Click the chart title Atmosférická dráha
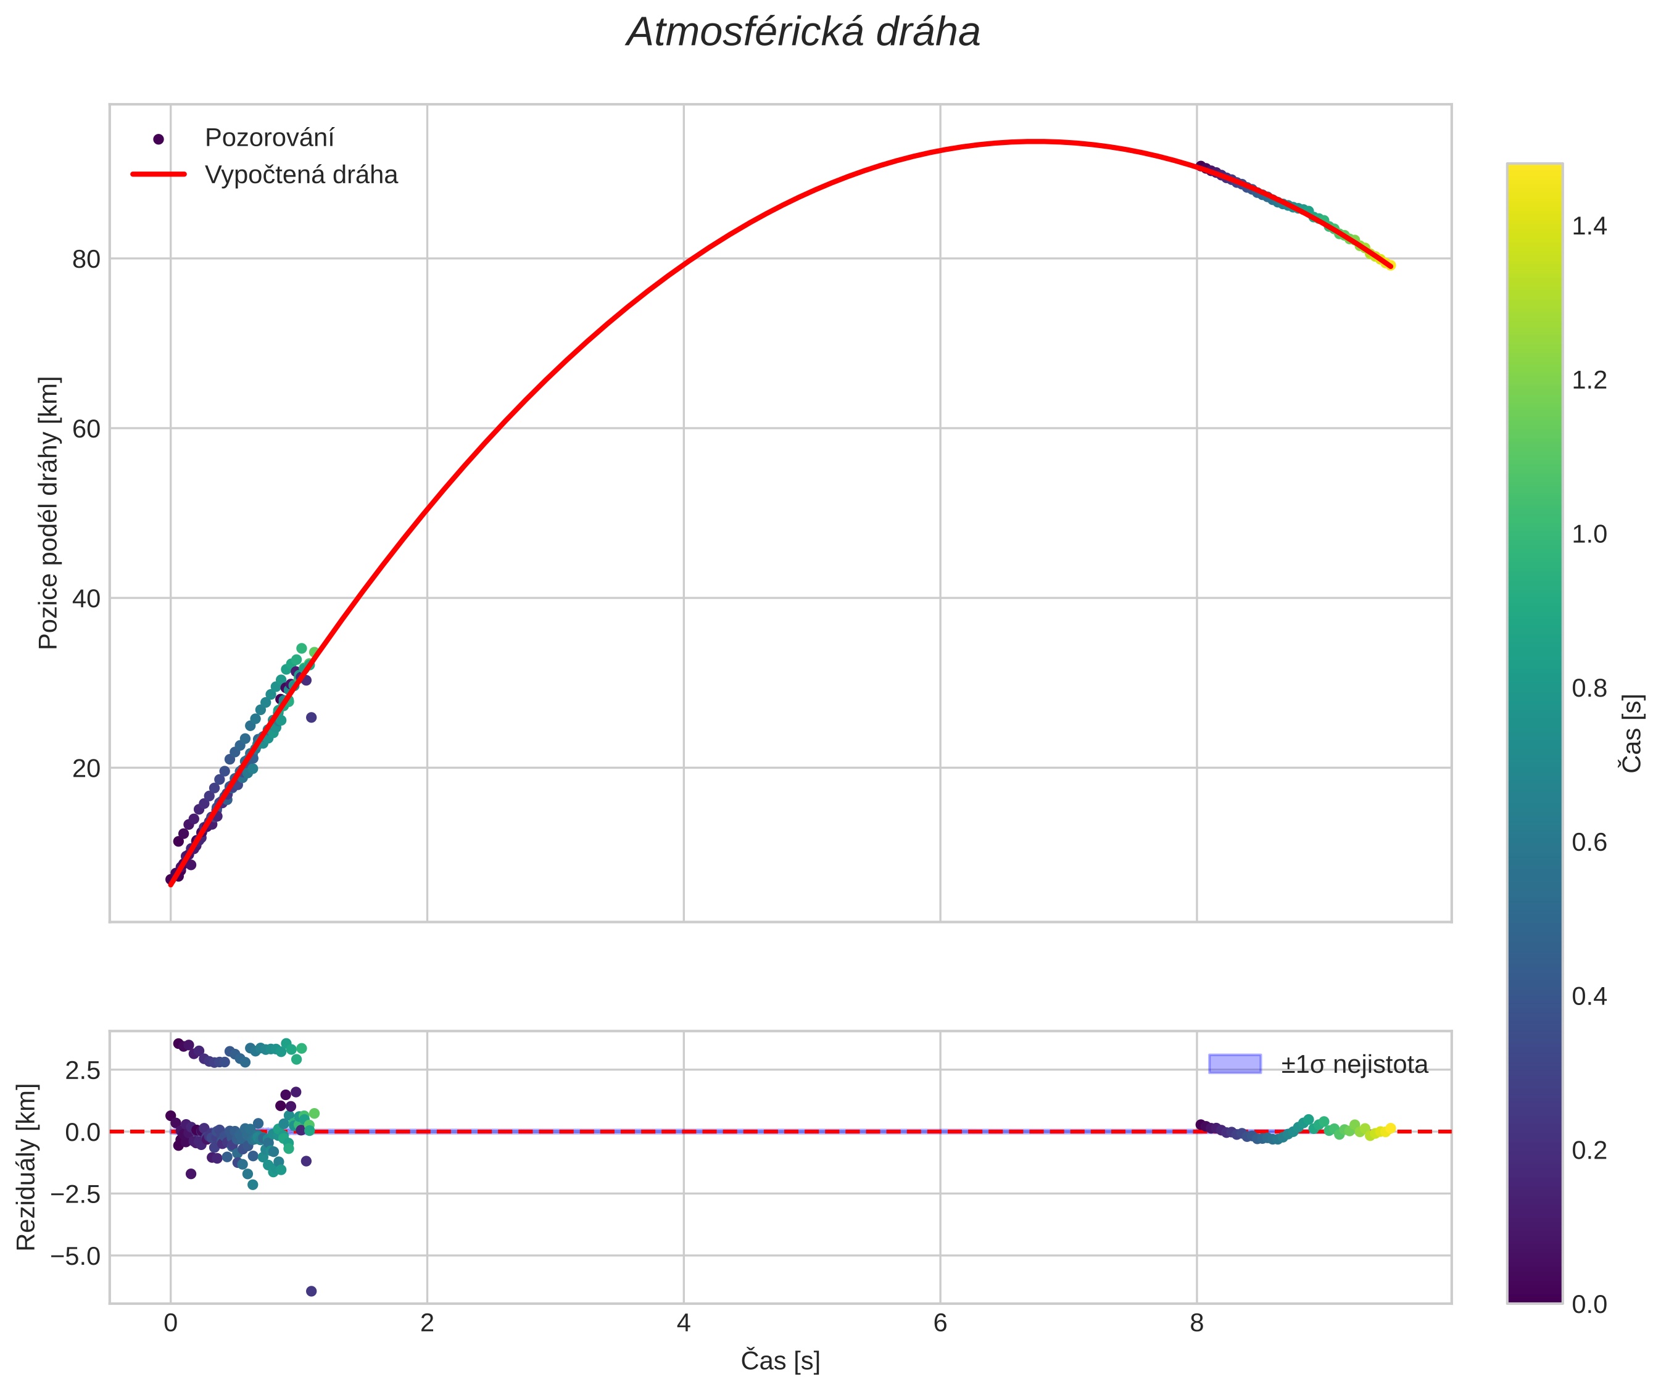(x=803, y=33)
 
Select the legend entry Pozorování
(x=269, y=138)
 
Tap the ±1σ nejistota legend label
(x=1354, y=1065)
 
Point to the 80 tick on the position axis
(x=86, y=259)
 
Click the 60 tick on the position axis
(x=86, y=429)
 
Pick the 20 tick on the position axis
(x=86, y=769)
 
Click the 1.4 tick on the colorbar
(x=1589, y=227)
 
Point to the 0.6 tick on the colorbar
(x=1589, y=843)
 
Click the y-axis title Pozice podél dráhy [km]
(x=48, y=512)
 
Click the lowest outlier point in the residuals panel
(x=311, y=1291)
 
